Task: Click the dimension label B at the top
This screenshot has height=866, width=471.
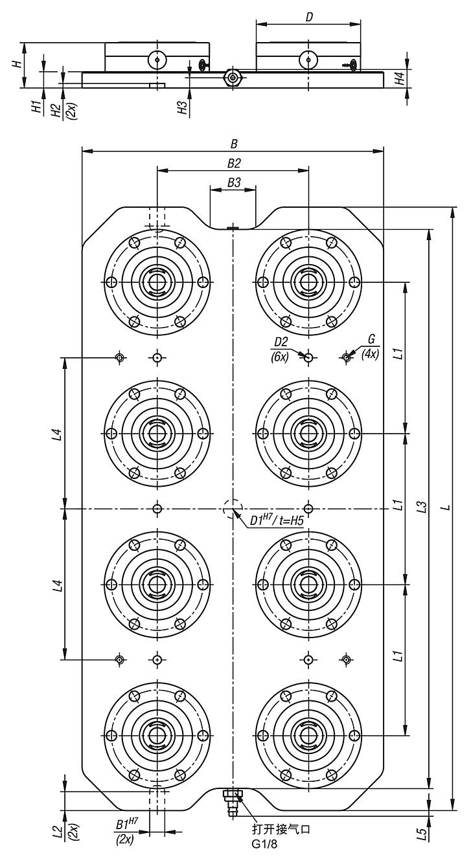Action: point(233,144)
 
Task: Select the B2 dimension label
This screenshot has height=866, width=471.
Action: point(233,163)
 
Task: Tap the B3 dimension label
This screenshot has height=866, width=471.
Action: point(233,183)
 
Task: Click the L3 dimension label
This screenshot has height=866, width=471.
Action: point(421,507)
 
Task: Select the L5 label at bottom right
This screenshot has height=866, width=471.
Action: point(422,834)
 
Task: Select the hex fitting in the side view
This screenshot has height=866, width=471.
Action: point(232,78)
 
